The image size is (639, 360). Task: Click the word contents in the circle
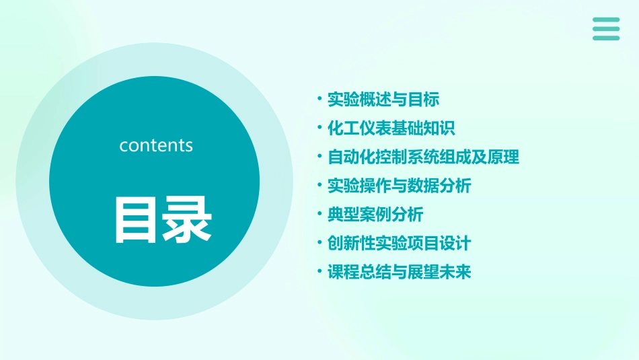[x=156, y=145]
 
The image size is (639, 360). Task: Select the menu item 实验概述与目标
[x=383, y=100]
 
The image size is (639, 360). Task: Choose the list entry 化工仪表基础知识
[x=391, y=129]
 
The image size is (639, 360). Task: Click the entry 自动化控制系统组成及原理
[x=423, y=157]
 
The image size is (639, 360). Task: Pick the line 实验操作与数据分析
[x=399, y=186]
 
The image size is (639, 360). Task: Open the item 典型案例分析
[x=375, y=215]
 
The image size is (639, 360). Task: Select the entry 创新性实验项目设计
[x=399, y=243]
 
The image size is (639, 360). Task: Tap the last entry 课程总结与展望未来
[x=399, y=272]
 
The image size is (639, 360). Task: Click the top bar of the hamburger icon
[x=606, y=20]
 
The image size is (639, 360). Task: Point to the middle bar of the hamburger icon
[x=606, y=29]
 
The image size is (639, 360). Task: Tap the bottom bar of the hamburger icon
[x=606, y=38]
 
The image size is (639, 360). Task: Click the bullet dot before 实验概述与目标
[x=319, y=99]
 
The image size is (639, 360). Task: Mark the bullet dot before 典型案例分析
[x=319, y=214]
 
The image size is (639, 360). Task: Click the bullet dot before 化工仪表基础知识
[x=319, y=128]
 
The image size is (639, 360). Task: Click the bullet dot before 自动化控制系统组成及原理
[x=319, y=157]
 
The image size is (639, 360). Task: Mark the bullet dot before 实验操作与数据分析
[x=319, y=185]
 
